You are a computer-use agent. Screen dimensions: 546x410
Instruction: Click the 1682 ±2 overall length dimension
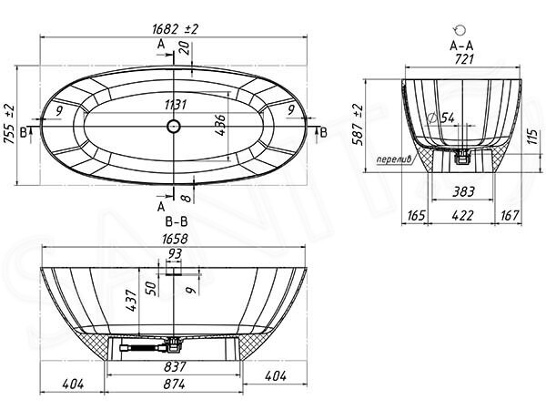pos(175,28)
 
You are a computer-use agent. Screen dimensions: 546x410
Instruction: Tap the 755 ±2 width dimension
pos(9,125)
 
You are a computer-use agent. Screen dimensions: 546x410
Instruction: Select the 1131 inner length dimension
pos(176,104)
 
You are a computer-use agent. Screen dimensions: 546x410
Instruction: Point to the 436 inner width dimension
pos(220,125)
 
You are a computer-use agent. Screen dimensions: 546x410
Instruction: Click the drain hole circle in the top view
pos(173,126)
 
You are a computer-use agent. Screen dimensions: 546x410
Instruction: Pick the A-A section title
pos(461,46)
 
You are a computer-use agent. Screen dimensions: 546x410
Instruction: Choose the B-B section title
pos(177,221)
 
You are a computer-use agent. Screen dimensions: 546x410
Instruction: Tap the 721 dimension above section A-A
pos(464,58)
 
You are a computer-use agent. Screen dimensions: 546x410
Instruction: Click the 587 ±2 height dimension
pos(358,125)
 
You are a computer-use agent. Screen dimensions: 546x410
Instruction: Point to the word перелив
pos(394,159)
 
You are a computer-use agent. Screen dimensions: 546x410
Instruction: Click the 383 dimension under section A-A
pos(463,191)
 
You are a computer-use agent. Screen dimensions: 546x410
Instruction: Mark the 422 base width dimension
pos(462,215)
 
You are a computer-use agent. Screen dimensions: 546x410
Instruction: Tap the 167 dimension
pos(510,215)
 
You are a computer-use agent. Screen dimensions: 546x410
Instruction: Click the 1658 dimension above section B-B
pos(175,239)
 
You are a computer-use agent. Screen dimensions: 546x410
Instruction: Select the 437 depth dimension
pos(132,300)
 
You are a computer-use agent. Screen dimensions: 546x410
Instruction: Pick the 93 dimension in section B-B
pos(174,254)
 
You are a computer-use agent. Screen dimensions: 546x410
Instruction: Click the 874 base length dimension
pos(174,384)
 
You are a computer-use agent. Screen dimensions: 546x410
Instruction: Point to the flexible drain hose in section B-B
pos(143,348)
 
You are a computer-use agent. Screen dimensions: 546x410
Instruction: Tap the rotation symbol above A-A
pos(460,30)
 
